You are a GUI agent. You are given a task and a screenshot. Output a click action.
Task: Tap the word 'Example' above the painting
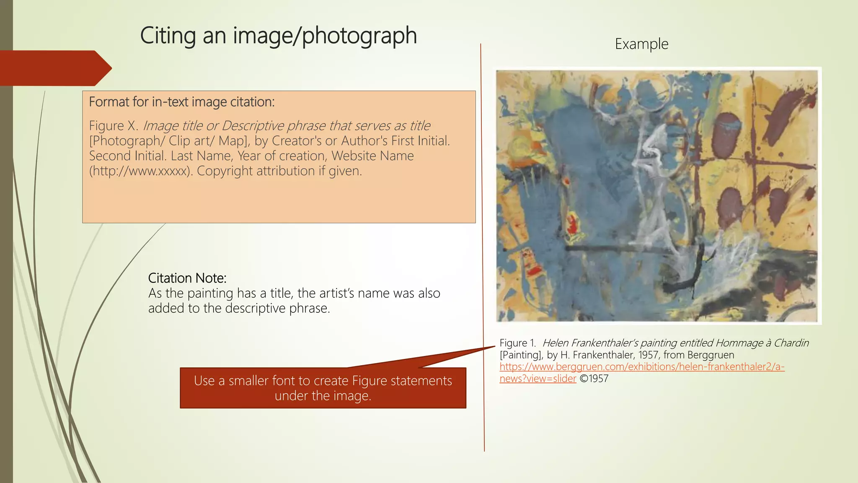pos(641,44)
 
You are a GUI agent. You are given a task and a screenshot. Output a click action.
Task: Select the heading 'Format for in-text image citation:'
pos(182,102)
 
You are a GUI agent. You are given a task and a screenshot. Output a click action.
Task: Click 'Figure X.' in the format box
pos(114,126)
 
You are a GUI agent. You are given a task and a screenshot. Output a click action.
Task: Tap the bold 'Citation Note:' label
pos(187,278)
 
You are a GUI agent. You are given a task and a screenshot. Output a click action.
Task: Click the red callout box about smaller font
pos(323,388)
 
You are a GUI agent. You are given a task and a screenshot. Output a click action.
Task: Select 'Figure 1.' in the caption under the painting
pos(517,343)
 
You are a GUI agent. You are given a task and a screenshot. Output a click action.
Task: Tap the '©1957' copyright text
pos(594,379)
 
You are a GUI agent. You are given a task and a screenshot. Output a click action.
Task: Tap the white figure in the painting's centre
pos(654,180)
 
